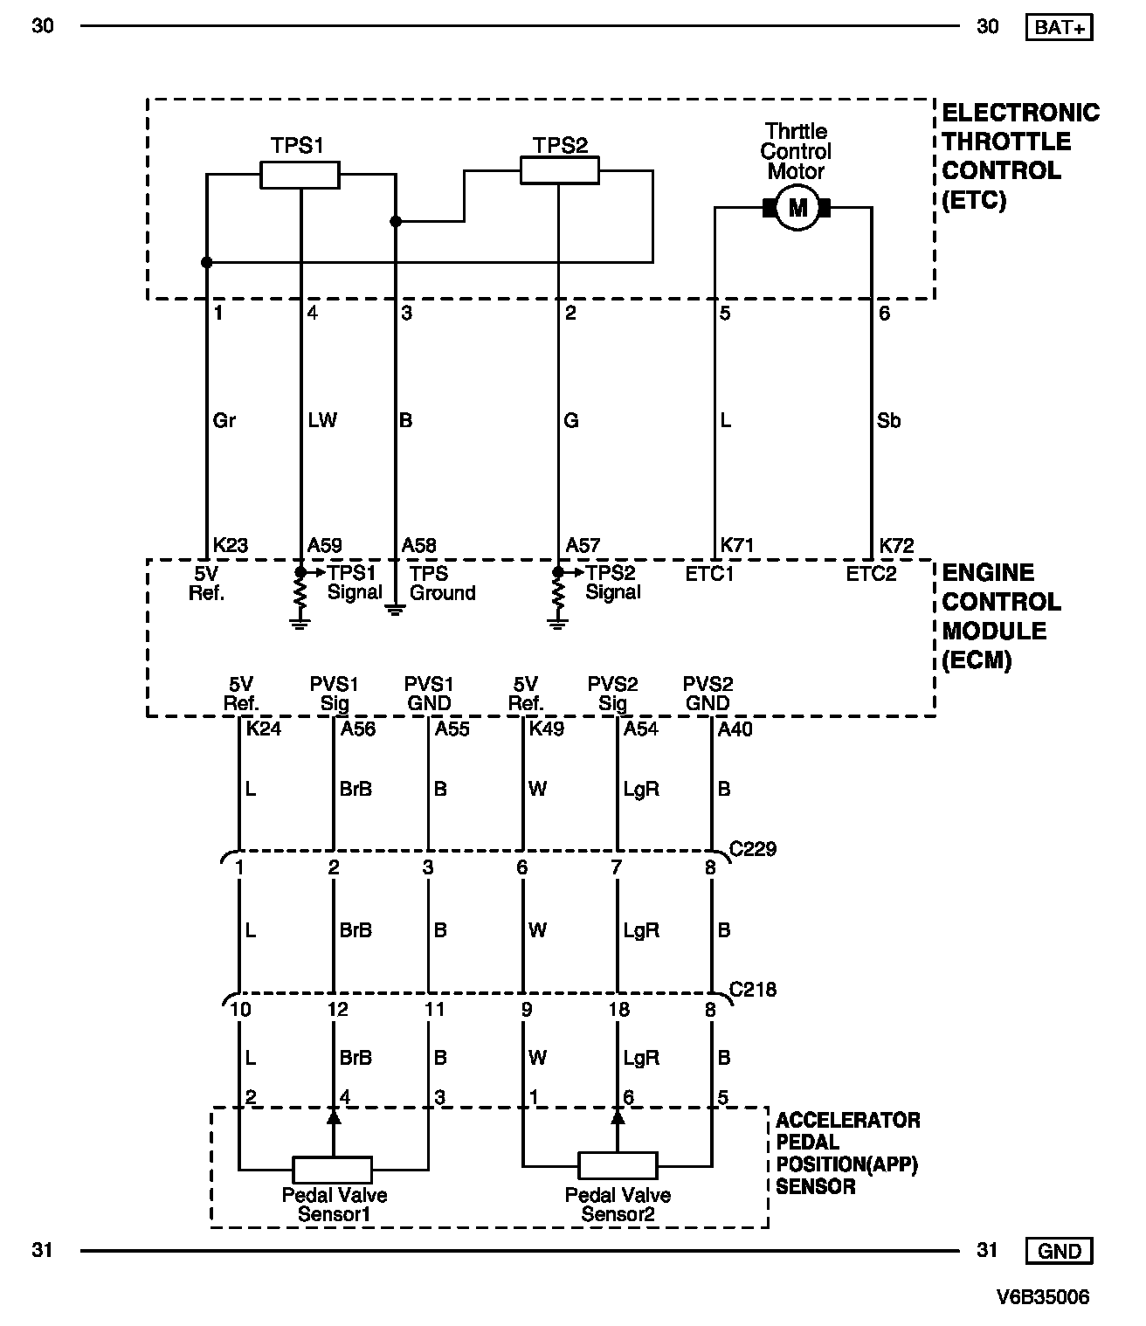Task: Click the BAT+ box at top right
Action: pyautogui.click(x=1060, y=27)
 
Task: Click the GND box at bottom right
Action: pyautogui.click(x=1060, y=1251)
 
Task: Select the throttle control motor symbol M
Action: pyautogui.click(x=797, y=208)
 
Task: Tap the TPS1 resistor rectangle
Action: pyautogui.click(x=300, y=175)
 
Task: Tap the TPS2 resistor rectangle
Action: pyautogui.click(x=560, y=170)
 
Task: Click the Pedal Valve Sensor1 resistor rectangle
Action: pyautogui.click(x=332, y=1169)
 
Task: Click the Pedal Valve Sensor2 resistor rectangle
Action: pyautogui.click(x=618, y=1165)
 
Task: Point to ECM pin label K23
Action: pyautogui.click(x=231, y=546)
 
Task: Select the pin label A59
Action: pyautogui.click(x=325, y=546)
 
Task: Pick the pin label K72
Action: pyautogui.click(x=896, y=546)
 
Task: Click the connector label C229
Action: pyautogui.click(x=752, y=848)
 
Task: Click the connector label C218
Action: pyautogui.click(x=752, y=990)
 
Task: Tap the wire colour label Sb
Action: pyautogui.click(x=888, y=420)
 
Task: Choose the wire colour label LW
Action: pyautogui.click(x=322, y=420)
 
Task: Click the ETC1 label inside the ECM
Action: pyautogui.click(x=709, y=574)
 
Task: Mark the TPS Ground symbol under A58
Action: pyautogui.click(x=396, y=608)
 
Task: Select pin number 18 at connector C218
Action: pyautogui.click(x=618, y=1010)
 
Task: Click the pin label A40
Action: pyautogui.click(x=735, y=729)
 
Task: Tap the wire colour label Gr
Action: pyautogui.click(x=224, y=420)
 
